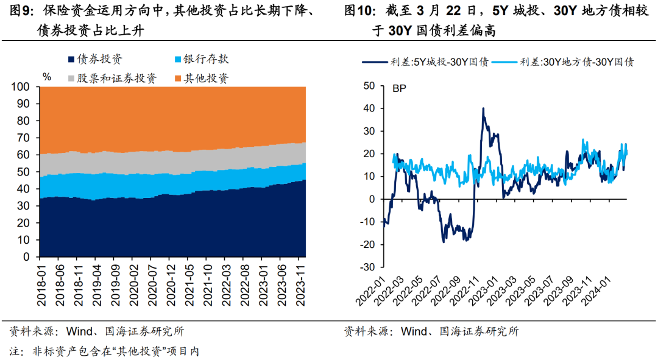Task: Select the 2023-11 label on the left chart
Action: tap(300, 283)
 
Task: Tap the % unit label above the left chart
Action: tap(47, 77)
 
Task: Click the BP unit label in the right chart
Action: tap(398, 88)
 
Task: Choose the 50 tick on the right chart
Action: tap(369, 86)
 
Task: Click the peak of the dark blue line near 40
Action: tap(483, 108)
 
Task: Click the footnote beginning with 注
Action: tap(104, 351)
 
